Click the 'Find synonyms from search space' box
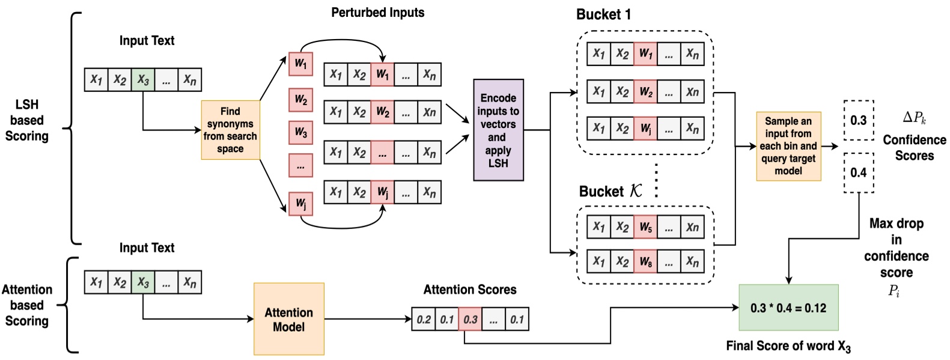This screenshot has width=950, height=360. pyautogui.click(x=230, y=130)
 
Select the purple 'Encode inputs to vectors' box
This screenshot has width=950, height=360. pyautogui.click(x=498, y=130)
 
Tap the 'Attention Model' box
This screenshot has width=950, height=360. pyautogui.click(x=288, y=319)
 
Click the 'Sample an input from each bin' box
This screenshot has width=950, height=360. pyautogui.click(x=788, y=146)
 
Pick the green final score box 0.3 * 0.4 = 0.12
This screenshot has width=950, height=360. pyautogui.click(x=788, y=308)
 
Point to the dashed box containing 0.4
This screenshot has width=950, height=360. pyautogui.click(x=858, y=172)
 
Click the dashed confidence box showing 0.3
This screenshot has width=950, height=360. pyautogui.click(x=858, y=120)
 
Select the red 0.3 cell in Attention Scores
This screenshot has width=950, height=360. pyautogui.click(x=470, y=319)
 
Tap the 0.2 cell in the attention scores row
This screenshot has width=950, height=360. pyautogui.click(x=424, y=319)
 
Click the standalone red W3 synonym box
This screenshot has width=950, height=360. pyautogui.click(x=300, y=133)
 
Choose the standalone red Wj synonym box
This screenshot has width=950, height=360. pyautogui.click(x=300, y=203)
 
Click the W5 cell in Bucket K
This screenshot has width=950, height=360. pyautogui.click(x=645, y=227)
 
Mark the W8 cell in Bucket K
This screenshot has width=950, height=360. pyautogui.click(x=645, y=261)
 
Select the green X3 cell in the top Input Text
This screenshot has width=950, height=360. pyautogui.click(x=142, y=79)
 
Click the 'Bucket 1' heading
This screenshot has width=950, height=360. pyautogui.click(x=603, y=14)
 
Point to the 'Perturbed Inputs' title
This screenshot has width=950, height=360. pyautogui.click(x=377, y=12)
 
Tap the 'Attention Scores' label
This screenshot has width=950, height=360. pyautogui.click(x=469, y=290)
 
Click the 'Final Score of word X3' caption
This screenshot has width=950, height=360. pyautogui.click(x=788, y=346)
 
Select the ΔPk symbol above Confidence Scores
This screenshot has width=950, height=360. pyautogui.click(x=914, y=118)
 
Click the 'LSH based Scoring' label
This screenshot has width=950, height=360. pyautogui.click(x=27, y=120)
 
